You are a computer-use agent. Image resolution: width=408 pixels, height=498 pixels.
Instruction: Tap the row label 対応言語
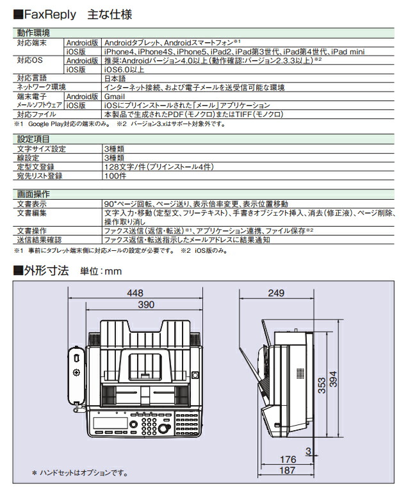tap(31, 77)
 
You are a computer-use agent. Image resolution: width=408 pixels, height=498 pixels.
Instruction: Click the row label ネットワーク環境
tap(41, 86)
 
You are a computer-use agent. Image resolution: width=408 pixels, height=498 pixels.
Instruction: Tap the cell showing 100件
tap(114, 175)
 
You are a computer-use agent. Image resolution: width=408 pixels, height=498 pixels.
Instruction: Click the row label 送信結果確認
tap(39, 239)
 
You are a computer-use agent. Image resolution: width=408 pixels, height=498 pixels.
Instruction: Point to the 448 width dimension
tap(135, 293)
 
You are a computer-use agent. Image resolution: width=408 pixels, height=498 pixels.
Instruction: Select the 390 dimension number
tap(146, 306)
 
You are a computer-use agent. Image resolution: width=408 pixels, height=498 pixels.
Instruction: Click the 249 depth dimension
tap(276, 293)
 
